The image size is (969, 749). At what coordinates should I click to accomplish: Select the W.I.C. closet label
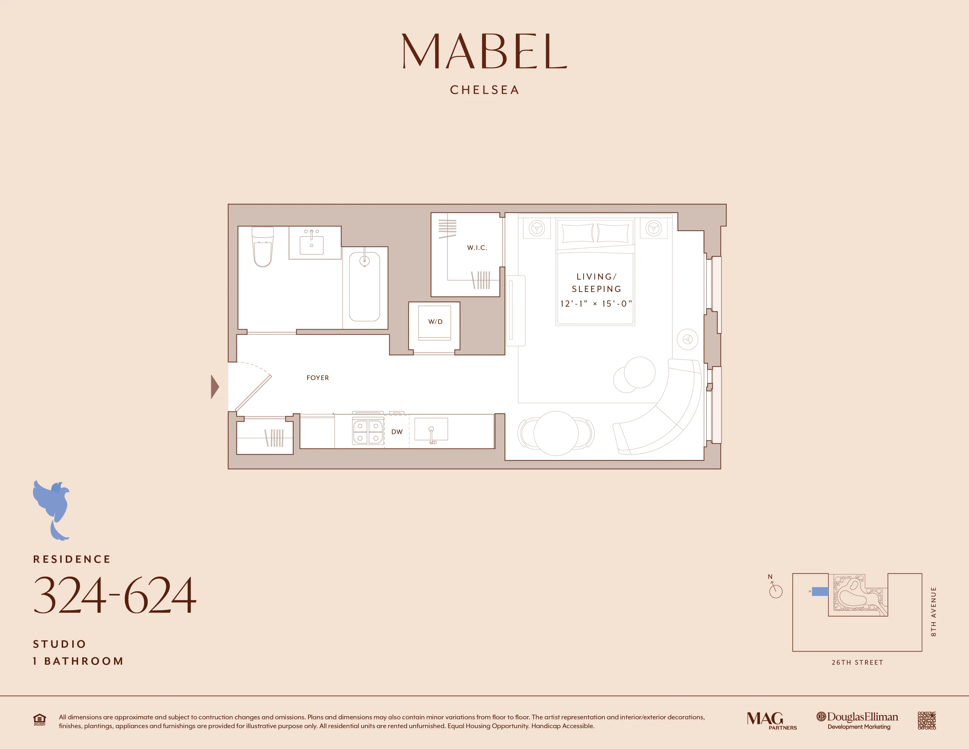click(x=477, y=248)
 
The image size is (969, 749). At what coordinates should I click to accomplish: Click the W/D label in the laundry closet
click(x=435, y=322)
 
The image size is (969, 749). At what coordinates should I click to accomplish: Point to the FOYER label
click(x=318, y=378)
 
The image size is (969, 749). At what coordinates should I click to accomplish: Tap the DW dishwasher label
click(x=397, y=432)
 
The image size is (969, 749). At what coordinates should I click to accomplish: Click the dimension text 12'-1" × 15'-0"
click(x=596, y=304)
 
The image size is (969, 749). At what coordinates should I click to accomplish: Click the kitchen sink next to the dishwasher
click(x=431, y=430)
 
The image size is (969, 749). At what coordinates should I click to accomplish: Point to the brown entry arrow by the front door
click(x=215, y=387)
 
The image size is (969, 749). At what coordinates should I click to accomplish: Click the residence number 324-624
click(x=115, y=595)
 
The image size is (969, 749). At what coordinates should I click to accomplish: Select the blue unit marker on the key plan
click(x=820, y=592)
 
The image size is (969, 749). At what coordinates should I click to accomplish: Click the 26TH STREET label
click(x=857, y=662)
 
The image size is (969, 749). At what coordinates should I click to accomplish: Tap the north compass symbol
click(x=775, y=589)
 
